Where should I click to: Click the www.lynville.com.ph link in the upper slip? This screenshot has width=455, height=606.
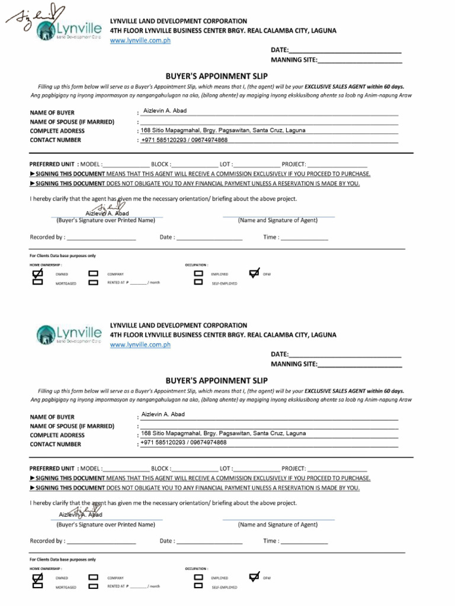(140, 40)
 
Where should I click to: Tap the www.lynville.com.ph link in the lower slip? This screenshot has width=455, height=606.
(140, 344)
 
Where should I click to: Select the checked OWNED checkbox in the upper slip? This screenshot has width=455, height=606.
(37, 274)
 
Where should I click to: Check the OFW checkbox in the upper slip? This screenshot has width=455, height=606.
(254, 273)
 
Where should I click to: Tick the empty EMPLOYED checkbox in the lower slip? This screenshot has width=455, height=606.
(198, 577)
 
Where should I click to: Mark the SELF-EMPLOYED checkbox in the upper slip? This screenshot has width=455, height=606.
(198, 282)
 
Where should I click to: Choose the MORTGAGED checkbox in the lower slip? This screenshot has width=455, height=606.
(37, 586)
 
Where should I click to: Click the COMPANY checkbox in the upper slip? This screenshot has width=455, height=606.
(93, 274)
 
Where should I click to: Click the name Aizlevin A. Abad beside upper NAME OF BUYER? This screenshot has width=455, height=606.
(165, 111)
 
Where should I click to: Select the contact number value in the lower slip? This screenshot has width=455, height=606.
(184, 443)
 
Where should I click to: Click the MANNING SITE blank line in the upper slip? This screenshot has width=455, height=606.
(360, 59)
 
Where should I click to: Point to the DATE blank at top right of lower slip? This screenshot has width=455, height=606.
(345, 354)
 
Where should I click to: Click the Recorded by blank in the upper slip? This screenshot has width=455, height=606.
(101, 238)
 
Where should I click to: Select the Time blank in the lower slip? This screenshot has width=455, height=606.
(304, 541)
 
